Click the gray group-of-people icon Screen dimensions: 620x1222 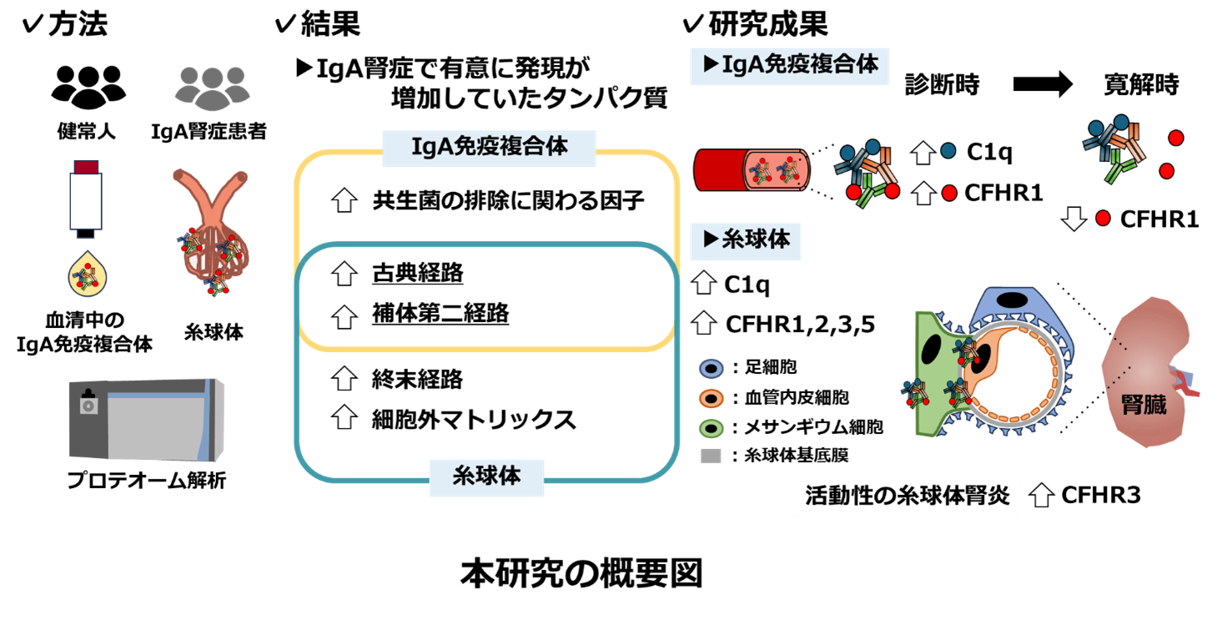click(x=212, y=88)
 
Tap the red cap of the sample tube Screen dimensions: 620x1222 click(x=86, y=166)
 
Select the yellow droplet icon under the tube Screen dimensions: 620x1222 click(x=88, y=275)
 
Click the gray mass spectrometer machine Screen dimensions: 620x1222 click(x=146, y=419)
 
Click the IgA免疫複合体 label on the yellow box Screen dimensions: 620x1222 click(x=490, y=148)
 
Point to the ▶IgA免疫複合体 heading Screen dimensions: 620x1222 click(x=789, y=65)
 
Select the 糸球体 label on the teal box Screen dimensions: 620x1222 click(x=486, y=477)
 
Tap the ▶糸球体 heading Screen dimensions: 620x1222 click(x=746, y=240)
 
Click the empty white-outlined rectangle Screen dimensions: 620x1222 click(x=907, y=498)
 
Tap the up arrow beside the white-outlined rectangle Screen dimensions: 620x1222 click(x=1041, y=496)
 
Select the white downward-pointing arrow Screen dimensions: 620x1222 click(x=1074, y=219)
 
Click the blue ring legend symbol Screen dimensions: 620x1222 click(x=711, y=369)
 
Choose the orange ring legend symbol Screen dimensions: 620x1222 click(x=711, y=399)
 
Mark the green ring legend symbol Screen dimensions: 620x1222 click(x=711, y=428)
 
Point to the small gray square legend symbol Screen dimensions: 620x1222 click(x=711, y=456)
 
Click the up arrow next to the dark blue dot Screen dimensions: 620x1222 click(x=923, y=153)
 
